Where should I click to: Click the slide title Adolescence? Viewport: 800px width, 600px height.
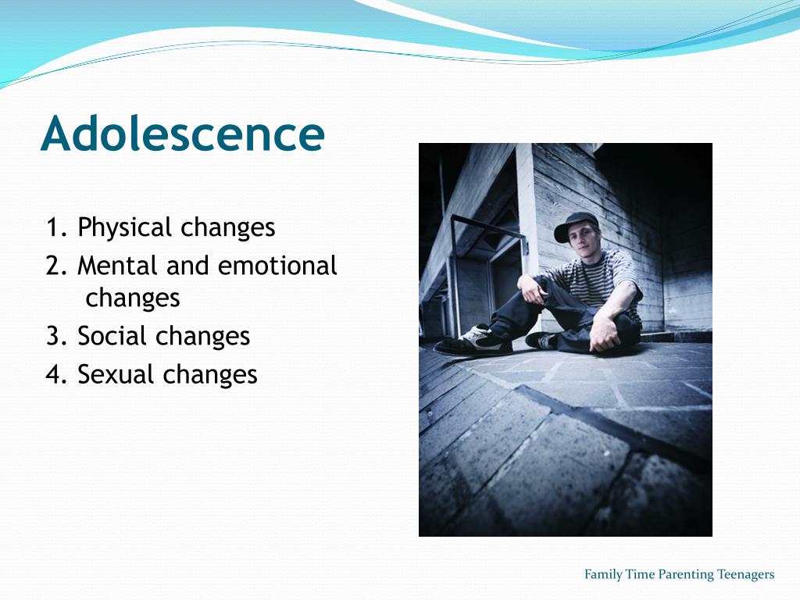pos(182,134)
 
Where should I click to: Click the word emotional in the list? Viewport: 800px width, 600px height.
pos(277,266)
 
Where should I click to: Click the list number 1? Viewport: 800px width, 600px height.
pos(52,227)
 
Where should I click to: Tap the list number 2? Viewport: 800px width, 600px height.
pos(54,266)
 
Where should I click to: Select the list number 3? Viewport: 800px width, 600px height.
pos(54,336)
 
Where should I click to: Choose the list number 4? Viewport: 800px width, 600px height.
pos(54,374)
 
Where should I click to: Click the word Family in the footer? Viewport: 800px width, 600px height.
pos(603,575)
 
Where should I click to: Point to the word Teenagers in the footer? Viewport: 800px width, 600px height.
pos(745,575)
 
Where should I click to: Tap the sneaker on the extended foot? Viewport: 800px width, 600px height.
pos(477,339)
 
